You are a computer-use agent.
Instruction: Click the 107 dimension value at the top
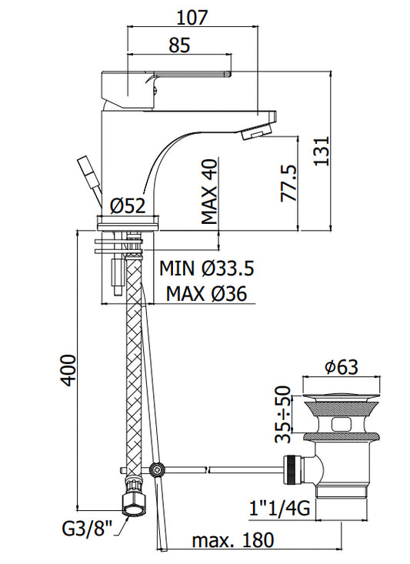(192, 17)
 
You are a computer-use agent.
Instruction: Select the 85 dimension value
(179, 45)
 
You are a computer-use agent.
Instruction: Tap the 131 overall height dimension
(322, 150)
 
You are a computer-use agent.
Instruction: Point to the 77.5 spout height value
(288, 183)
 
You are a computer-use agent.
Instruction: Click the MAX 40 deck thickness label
(209, 192)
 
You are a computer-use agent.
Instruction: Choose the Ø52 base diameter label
(128, 206)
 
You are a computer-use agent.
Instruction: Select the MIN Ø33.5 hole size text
(207, 268)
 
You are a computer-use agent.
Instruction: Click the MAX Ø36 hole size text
(206, 294)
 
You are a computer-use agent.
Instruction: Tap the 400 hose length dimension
(68, 370)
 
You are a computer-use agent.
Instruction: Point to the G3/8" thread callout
(88, 529)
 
